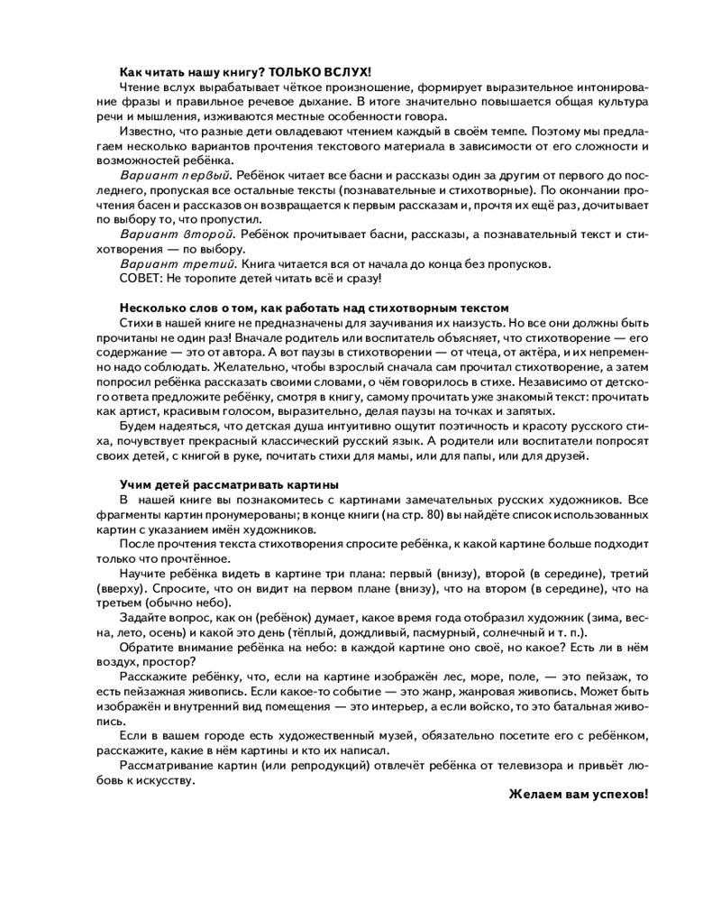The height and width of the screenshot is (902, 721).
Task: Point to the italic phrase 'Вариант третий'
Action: pos(177,263)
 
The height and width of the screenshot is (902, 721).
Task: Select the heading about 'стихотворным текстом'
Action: pos(315,308)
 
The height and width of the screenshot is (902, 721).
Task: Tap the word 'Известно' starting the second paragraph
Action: pos(146,131)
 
